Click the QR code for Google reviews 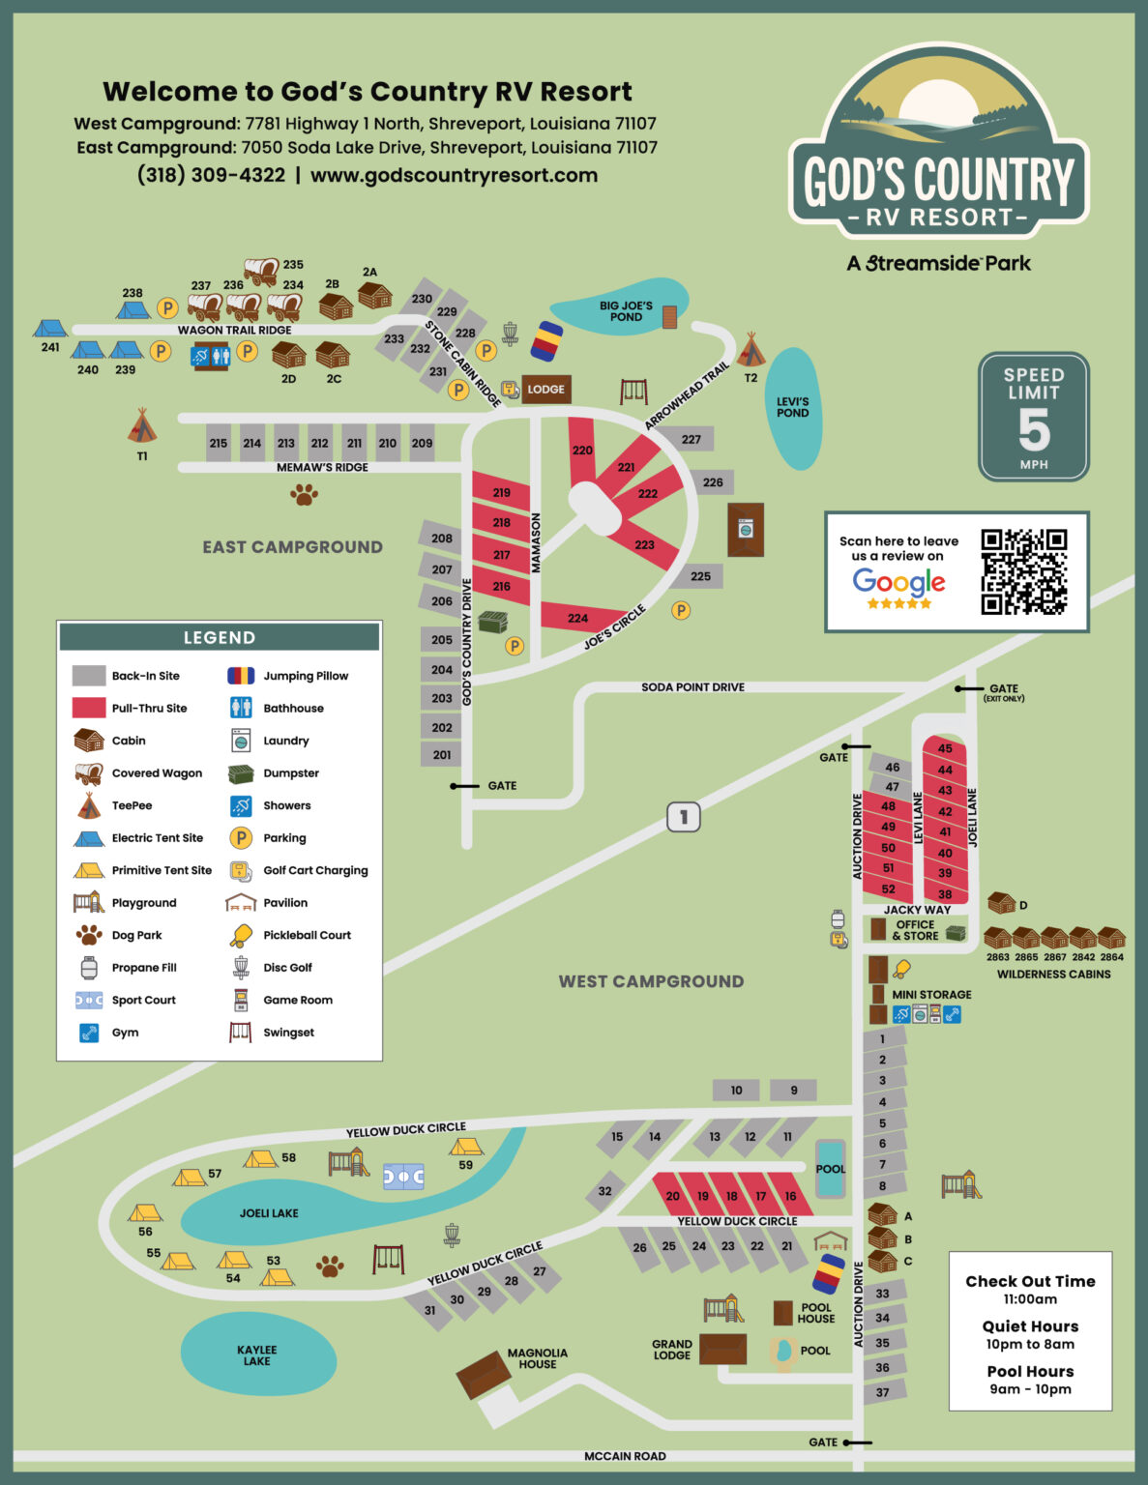1023,571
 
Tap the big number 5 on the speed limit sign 1033,430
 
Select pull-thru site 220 582,451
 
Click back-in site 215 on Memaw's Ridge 219,443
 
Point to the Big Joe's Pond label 626,311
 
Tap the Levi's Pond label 792,407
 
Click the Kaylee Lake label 256,1355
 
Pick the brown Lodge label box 546,390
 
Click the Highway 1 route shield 683,817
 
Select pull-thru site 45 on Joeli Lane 945,748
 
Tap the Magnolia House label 537,1358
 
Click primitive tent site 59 465,1147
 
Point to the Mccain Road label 625,1456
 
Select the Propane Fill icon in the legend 89,968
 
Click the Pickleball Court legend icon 241,935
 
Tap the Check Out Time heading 1030,1281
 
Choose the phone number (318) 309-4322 211,175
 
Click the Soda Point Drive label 692,687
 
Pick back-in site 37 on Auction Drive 882,1392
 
